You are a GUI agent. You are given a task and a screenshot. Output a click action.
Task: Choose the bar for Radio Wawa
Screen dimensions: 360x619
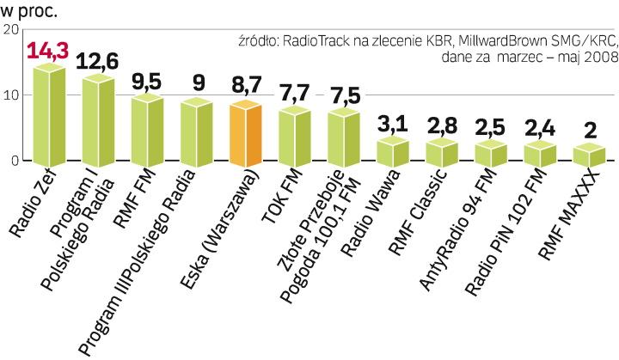pos(392,151)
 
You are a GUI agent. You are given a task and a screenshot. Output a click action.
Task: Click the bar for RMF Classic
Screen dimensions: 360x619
pos(442,153)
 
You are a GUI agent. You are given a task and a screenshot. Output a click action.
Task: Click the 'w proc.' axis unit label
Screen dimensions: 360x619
pos(28,10)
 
